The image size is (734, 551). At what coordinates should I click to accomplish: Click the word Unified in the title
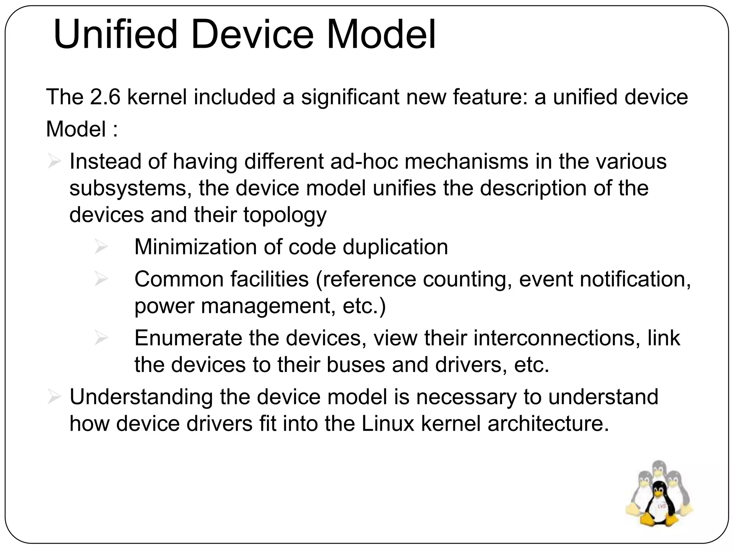tap(115, 35)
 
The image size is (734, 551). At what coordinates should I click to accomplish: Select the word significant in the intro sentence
tap(350, 97)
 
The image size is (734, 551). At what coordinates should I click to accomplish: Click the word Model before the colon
tap(76, 129)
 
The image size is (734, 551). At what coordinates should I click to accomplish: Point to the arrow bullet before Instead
tap(54, 162)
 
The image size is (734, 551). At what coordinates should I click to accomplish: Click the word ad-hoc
tap(364, 161)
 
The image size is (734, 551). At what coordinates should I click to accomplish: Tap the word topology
tap(285, 215)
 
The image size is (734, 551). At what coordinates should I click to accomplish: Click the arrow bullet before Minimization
tap(101, 247)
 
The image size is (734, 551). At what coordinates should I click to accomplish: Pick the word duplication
tap(395, 247)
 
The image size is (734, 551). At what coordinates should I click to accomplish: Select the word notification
tap(635, 279)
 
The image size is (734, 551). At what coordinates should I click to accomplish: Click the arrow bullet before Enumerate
tap(101, 338)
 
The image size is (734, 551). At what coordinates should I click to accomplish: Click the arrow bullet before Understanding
tap(54, 397)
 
